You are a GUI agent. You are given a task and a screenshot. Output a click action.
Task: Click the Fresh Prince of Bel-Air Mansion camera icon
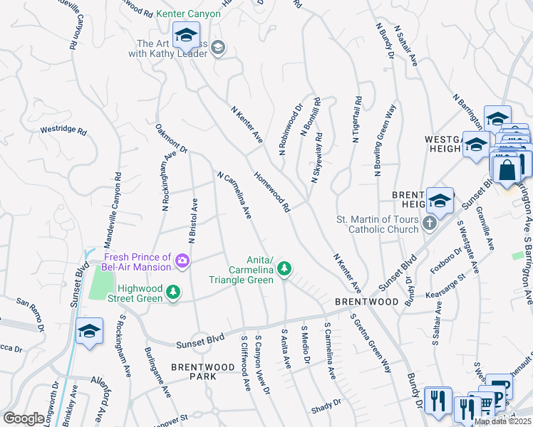point(183,262)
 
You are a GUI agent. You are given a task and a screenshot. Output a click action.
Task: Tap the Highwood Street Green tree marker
point(172,292)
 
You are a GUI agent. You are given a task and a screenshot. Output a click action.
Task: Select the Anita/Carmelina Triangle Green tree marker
point(284,268)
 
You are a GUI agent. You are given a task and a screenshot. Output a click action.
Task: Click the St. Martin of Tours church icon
point(429,223)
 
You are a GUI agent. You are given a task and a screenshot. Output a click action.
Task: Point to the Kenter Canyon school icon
point(186,35)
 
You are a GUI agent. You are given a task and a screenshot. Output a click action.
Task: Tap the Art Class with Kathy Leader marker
point(218,48)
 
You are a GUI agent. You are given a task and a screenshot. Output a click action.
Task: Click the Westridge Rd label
point(63,131)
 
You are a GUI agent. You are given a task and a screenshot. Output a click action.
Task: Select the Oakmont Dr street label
point(171,139)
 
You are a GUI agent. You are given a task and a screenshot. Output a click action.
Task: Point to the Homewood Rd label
point(273,191)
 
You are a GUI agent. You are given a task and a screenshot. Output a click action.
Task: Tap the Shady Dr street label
point(326,411)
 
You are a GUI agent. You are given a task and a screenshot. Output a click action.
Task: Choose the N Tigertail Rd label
point(356,119)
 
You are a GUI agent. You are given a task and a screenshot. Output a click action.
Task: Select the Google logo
point(24,418)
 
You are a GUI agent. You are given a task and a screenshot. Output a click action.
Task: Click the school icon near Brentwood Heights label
point(440,200)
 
